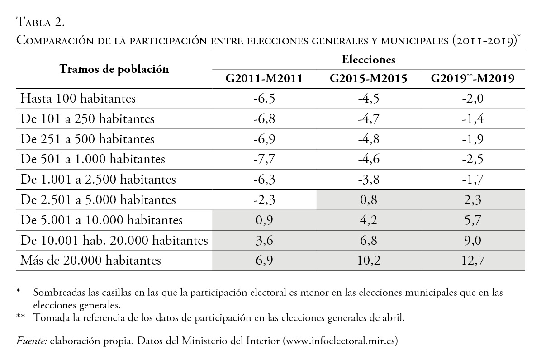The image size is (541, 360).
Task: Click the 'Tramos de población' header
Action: (x=114, y=69)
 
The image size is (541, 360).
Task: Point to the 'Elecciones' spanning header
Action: (x=369, y=59)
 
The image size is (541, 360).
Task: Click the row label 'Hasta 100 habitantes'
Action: (x=78, y=99)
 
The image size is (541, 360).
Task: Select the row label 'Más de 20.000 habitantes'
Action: (x=91, y=261)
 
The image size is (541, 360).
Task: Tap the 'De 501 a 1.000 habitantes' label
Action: (x=93, y=159)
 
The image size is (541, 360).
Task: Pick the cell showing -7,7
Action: (x=264, y=159)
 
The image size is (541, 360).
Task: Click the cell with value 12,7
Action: (x=473, y=261)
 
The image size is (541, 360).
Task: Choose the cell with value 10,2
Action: (x=369, y=261)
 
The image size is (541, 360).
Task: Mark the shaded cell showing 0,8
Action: (x=369, y=200)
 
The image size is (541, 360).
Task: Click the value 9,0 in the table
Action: (x=473, y=241)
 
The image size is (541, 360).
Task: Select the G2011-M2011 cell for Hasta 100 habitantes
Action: (x=264, y=99)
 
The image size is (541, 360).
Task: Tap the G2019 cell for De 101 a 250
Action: (x=473, y=119)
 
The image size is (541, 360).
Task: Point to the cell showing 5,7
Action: (x=473, y=220)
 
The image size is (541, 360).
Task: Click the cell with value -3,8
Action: (x=369, y=180)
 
